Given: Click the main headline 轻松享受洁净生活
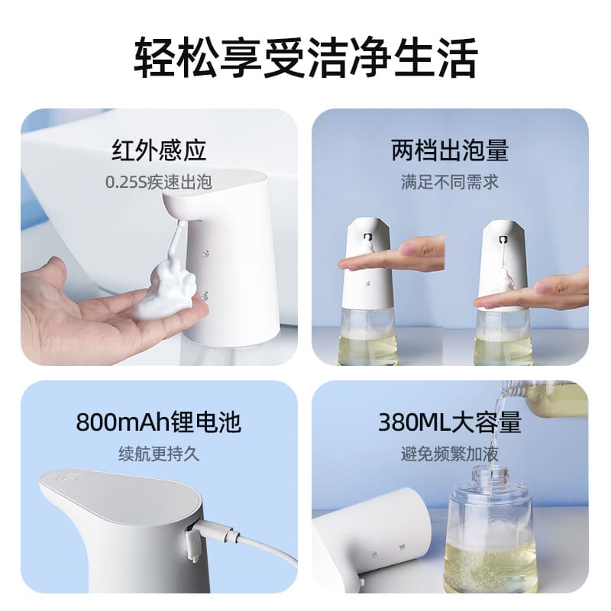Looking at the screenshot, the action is coord(305,58).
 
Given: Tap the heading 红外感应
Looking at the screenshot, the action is coord(159,150).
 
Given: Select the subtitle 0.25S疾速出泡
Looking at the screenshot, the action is coord(159,183).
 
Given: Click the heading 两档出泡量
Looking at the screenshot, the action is coord(450,150).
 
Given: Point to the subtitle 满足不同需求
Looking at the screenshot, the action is coord(450,183).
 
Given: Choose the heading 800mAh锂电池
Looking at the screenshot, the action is coord(159,422).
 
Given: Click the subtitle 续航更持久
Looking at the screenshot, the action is coord(159,454).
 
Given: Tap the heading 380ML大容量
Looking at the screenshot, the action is coord(450,422).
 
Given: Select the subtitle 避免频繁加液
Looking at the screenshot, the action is coord(450,454).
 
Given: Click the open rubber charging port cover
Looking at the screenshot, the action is coord(191,544).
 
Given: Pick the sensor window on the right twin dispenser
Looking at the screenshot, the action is coord(503,238).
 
